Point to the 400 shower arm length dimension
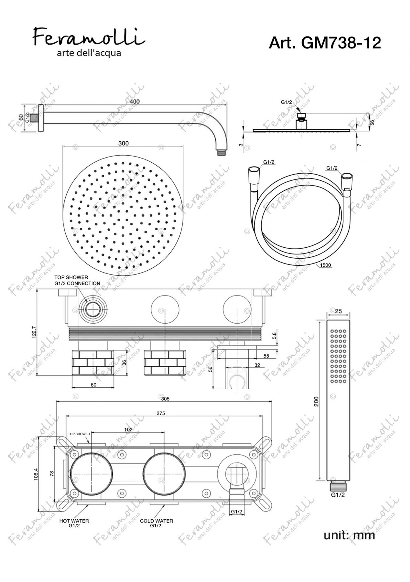click(x=135, y=102)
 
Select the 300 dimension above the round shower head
click(x=124, y=143)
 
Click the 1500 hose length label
click(x=325, y=265)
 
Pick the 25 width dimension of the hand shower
click(x=338, y=311)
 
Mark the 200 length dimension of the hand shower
click(x=317, y=402)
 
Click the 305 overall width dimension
click(x=165, y=399)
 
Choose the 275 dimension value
click(x=161, y=413)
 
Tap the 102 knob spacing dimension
click(x=128, y=430)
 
